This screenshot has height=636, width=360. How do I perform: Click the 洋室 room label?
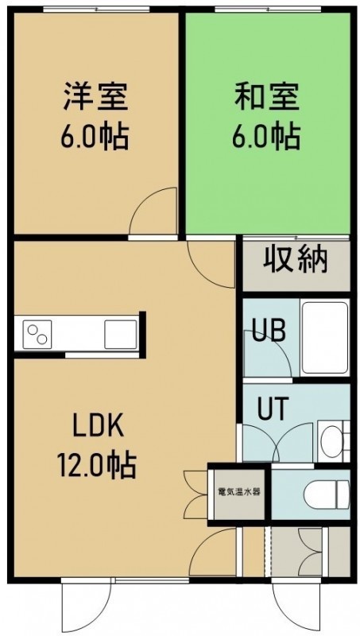click(95, 96)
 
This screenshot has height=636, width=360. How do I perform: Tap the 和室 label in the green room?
click(267, 96)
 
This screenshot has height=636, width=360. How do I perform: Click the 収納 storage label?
click(295, 259)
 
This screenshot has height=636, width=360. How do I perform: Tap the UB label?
click(269, 331)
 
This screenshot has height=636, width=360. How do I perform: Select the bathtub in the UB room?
click(325, 338)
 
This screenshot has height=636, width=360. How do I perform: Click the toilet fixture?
click(327, 494)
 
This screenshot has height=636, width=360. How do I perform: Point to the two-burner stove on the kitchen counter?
click(37, 334)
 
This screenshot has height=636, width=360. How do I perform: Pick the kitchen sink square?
click(121, 334)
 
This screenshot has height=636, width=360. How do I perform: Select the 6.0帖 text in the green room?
click(266, 136)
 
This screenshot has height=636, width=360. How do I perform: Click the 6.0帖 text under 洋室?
click(95, 136)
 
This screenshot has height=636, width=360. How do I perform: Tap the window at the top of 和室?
click(268, 9)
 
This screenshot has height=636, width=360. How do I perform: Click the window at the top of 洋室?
click(96, 9)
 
